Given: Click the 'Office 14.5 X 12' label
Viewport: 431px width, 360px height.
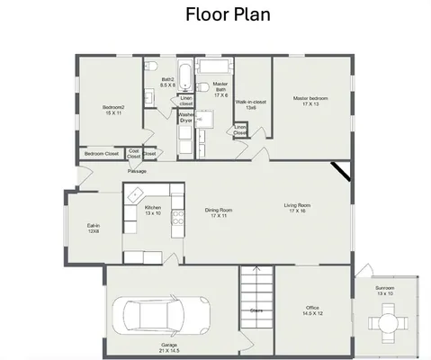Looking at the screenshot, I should [x=313, y=311].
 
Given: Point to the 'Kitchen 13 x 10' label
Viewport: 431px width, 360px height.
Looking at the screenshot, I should [x=152, y=211].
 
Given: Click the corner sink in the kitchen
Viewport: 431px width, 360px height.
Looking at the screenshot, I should [x=135, y=193].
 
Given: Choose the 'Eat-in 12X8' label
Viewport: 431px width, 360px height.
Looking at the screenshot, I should [x=93, y=229].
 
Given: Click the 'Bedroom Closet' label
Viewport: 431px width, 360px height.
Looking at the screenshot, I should [x=101, y=154].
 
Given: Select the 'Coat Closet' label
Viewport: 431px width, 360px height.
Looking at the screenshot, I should [x=134, y=153].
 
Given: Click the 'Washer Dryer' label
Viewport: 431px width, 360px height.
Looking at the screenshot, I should [x=186, y=117].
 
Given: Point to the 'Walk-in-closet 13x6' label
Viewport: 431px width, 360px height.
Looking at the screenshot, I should [x=251, y=104].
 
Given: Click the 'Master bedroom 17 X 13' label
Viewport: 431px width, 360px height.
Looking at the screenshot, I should [x=311, y=101].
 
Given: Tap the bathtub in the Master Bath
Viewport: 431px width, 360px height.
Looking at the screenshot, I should [x=214, y=68].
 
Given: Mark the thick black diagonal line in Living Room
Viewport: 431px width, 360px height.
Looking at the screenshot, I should [x=340, y=171].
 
